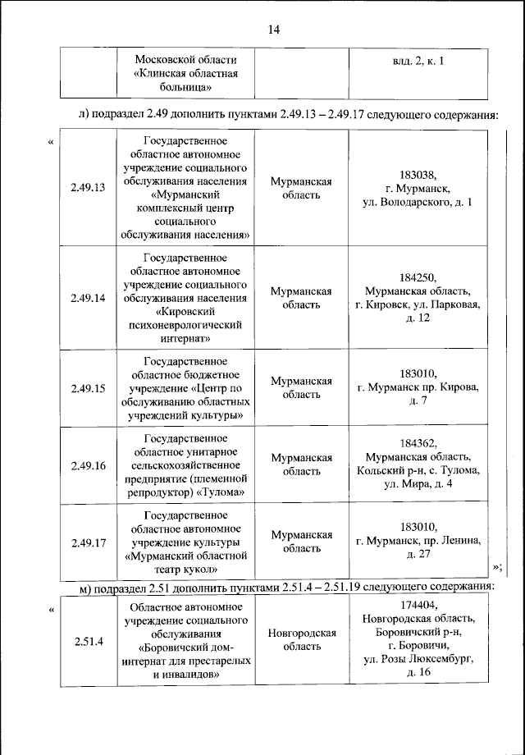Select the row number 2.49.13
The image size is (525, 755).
point(88,188)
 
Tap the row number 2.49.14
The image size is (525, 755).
point(88,298)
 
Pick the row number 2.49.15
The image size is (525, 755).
point(88,388)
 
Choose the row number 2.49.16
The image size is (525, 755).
point(88,465)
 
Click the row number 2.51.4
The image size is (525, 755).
point(88,640)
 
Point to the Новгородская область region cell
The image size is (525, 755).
point(301,640)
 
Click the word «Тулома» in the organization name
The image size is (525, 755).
point(223,492)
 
